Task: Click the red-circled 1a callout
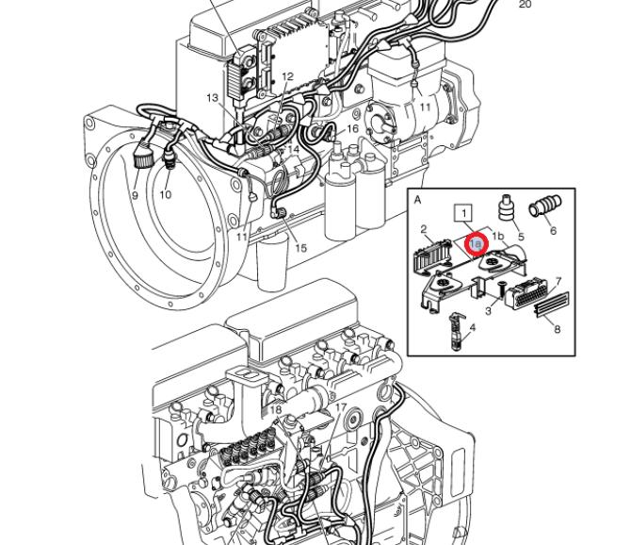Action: coord(477,244)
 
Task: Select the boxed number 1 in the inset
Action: coord(462,212)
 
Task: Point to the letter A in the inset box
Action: coord(418,200)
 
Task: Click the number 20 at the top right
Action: coord(526,5)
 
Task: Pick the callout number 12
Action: coord(287,77)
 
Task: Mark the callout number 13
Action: coord(213,98)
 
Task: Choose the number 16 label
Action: coord(352,129)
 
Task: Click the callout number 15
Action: coord(300,249)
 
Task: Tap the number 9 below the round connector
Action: coord(135,196)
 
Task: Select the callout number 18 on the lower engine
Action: coord(275,409)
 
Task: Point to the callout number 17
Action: coord(341,407)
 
